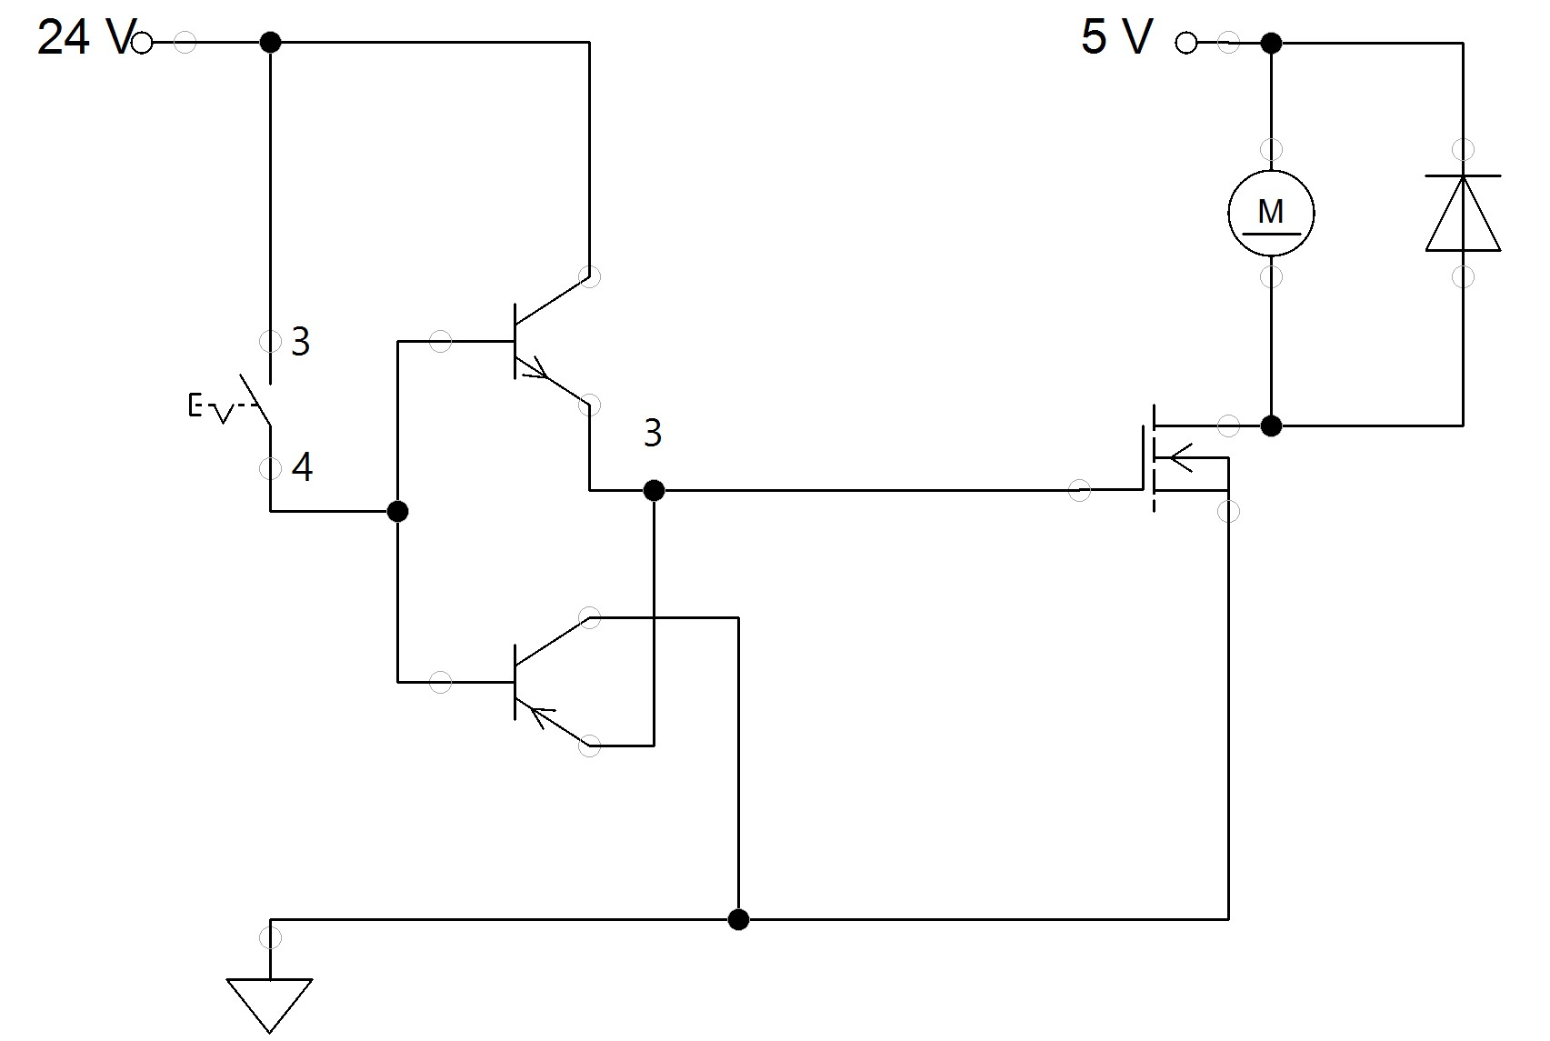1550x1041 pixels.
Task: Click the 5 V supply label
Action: point(1116,38)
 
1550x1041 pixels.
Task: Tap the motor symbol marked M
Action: point(1270,213)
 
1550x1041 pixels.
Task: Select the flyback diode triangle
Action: point(1463,214)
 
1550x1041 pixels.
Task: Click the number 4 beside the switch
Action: point(302,467)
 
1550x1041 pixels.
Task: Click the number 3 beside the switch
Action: point(301,342)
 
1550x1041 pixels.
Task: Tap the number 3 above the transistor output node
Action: point(652,434)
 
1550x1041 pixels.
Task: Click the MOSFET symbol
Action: point(1173,459)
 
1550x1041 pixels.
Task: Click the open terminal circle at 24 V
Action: point(142,42)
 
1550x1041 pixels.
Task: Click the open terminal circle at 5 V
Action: point(1185,42)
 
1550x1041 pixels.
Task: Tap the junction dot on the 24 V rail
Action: point(270,42)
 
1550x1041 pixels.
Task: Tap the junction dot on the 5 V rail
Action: point(1271,42)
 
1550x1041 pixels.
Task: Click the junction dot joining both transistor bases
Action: point(397,511)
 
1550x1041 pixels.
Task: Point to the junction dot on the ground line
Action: point(738,919)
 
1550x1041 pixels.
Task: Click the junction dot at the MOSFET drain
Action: point(1271,425)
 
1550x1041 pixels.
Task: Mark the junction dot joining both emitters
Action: point(653,491)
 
